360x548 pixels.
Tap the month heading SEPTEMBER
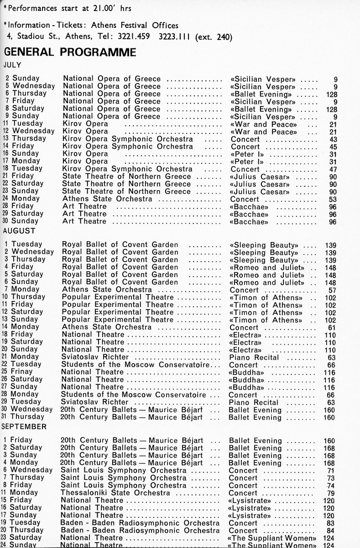pyautogui.click(x=24, y=427)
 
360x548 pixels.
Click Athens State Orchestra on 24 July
pyautogui.click(x=107, y=199)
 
